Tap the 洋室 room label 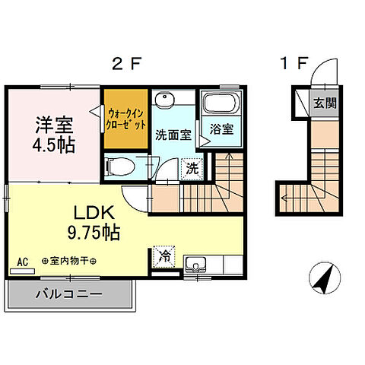(x=53, y=122)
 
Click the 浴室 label (x=221, y=129)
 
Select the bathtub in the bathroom (x=222, y=103)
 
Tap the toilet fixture (x=120, y=165)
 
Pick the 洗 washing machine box (x=194, y=168)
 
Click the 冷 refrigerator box (x=163, y=257)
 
